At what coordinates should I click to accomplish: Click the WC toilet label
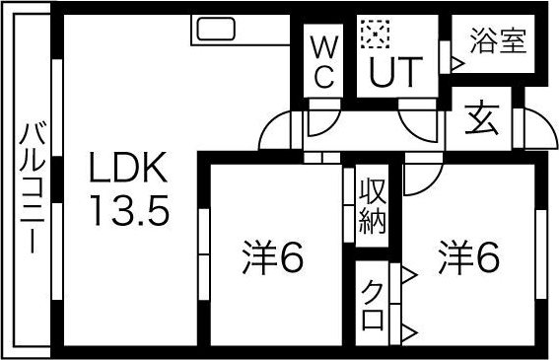coord(322,61)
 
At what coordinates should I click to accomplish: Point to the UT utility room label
coord(395,70)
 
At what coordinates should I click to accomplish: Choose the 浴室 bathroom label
coord(497,43)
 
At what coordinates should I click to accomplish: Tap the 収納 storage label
coord(372,203)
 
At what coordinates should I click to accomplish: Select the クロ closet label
coord(373,305)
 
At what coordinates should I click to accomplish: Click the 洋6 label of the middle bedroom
coord(272,258)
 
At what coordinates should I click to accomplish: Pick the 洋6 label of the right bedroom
coord(469,258)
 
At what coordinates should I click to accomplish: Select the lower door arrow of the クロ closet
coord(405,328)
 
